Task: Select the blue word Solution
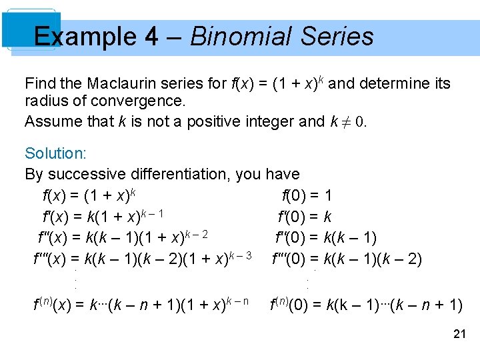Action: click(x=55, y=153)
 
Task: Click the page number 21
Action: click(x=459, y=334)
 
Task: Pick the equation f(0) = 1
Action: click(x=307, y=196)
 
